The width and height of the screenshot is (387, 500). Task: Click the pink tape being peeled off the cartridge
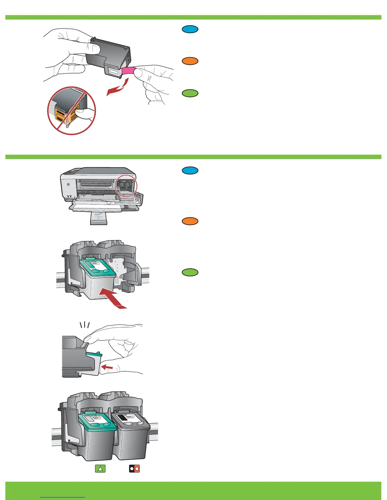[x=128, y=71]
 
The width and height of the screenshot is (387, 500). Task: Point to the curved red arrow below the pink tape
[x=117, y=88]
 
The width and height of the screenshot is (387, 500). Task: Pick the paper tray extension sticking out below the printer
[x=99, y=218]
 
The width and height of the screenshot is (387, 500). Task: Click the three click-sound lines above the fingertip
[x=84, y=325]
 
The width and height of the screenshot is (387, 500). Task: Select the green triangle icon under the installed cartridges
[x=100, y=469]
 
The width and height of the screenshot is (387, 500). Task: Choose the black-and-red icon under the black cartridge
[x=134, y=469]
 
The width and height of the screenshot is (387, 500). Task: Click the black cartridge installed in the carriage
[x=132, y=436]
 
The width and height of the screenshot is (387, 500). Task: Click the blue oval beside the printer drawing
[x=190, y=170]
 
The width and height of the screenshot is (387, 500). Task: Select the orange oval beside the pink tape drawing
[x=190, y=61]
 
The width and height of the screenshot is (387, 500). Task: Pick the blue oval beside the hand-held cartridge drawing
[x=190, y=29]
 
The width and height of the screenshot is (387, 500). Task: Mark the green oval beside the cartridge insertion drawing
[x=190, y=272]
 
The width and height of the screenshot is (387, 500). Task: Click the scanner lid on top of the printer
[x=104, y=172]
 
